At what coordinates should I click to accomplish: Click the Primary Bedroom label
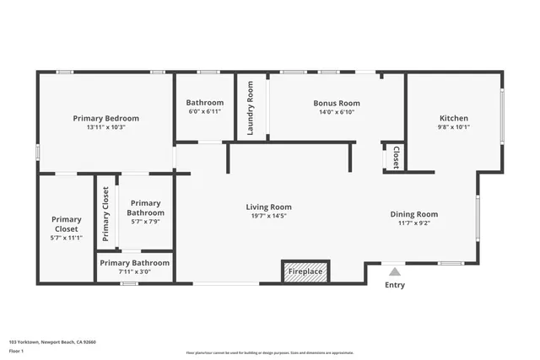pyautogui.click(x=105, y=118)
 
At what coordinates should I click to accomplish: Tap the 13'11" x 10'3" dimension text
pyautogui.click(x=105, y=127)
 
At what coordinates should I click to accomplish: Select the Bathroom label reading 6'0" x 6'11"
pyautogui.click(x=204, y=103)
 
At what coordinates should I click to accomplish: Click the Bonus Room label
pyautogui.click(x=325, y=103)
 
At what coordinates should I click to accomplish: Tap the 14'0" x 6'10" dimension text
pyautogui.click(x=325, y=112)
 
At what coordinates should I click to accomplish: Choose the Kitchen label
pyautogui.click(x=454, y=118)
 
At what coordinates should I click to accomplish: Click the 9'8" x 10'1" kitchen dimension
pyautogui.click(x=454, y=127)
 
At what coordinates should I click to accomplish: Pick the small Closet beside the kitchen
pyautogui.click(x=396, y=157)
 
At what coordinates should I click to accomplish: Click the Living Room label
pyautogui.click(x=268, y=207)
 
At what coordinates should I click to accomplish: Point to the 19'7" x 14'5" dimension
pyautogui.click(x=268, y=216)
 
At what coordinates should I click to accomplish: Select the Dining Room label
pyautogui.click(x=413, y=214)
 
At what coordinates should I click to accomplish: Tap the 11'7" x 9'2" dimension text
pyautogui.click(x=413, y=223)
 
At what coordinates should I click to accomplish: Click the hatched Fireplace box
pyautogui.click(x=305, y=271)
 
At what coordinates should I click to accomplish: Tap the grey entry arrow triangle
pyautogui.click(x=394, y=271)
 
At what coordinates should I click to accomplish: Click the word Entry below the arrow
pyautogui.click(x=394, y=285)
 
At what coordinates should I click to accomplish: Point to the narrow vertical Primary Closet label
pyautogui.click(x=106, y=214)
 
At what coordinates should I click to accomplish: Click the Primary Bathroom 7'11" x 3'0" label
pyautogui.click(x=134, y=263)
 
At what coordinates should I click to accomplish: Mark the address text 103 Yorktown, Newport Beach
pyautogui.click(x=52, y=342)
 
